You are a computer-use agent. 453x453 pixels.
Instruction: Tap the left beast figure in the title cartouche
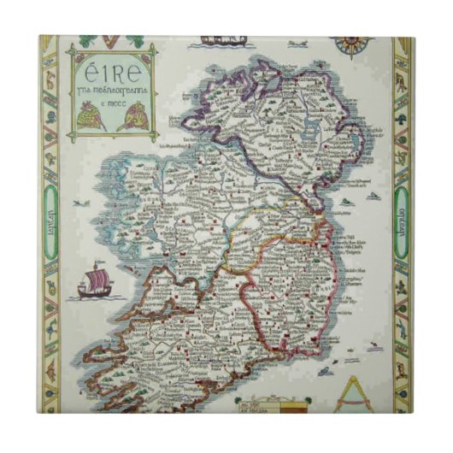(91, 115)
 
